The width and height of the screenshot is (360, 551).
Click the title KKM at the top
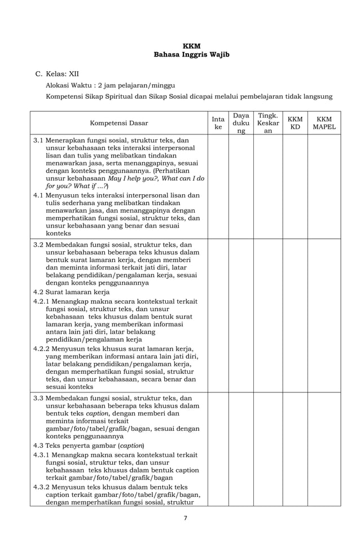pyautogui.click(x=191, y=46)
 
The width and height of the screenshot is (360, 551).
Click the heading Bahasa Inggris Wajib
pyautogui.click(x=191, y=55)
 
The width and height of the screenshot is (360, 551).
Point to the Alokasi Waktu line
pyautogui.click(x=107, y=85)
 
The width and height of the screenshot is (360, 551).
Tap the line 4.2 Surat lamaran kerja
pyautogui.click(x=71, y=292)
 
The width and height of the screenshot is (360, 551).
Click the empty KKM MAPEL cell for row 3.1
pyautogui.click(x=324, y=186)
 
